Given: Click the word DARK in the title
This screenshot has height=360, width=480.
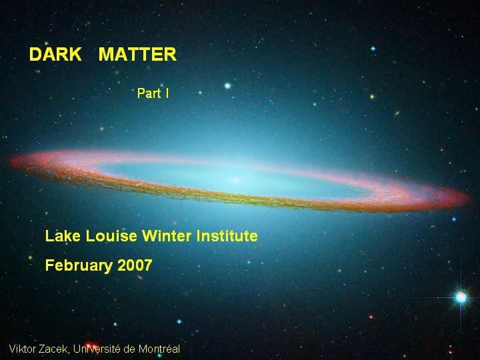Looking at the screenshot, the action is (x=55, y=54).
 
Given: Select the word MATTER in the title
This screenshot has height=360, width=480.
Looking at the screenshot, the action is (x=137, y=54).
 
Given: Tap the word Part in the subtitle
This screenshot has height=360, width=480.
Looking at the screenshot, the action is (x=149, y=93).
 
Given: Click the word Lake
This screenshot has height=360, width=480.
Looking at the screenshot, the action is (x=63, y=236).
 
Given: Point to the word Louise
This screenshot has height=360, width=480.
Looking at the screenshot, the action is (x=111, y=236).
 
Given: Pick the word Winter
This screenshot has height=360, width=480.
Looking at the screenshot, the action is (x=167, y=236).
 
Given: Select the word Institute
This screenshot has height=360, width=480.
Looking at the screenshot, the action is (x=227, y=236).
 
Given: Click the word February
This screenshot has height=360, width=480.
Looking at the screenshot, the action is (x=79, y=265).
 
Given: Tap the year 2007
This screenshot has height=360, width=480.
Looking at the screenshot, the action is (x=135, y=265).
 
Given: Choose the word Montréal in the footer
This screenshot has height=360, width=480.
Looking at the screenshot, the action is (x=159, y=349).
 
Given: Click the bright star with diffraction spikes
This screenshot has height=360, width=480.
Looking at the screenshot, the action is (x=461, y=297).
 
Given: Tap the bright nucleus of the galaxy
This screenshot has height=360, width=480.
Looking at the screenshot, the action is (x=236, y=180).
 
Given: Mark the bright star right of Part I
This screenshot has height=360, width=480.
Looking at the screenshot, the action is (x=227, y=86).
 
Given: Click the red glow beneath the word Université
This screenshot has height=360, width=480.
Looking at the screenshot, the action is (x=91, y=345).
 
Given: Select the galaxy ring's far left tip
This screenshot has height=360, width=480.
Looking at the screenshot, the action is (x=11, y=161).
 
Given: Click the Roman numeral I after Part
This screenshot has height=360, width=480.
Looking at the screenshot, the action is (x=167, y=93).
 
